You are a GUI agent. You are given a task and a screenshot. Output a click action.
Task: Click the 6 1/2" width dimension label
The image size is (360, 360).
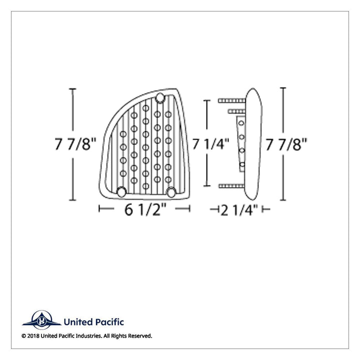point(145,209)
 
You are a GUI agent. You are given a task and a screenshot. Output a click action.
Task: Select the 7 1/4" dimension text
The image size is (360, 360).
point(210,144)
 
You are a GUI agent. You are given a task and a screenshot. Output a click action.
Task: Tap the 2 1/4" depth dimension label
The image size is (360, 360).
point(239,210)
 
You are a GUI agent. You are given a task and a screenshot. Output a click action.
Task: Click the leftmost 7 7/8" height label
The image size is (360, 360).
point(75,144)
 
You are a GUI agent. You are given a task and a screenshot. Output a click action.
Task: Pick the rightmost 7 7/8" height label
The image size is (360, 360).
point(286,144)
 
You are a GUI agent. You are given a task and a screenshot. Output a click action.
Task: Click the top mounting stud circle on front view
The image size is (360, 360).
point(160,98)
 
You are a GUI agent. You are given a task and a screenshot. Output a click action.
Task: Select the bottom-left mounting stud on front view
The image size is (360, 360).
point(121,192)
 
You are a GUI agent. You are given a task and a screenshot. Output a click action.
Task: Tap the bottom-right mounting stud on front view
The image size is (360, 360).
point(171,192)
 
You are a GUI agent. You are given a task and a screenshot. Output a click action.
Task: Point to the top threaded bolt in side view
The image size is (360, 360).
point(232,100)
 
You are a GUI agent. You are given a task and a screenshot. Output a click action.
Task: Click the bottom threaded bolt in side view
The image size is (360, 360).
point(232,186)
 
